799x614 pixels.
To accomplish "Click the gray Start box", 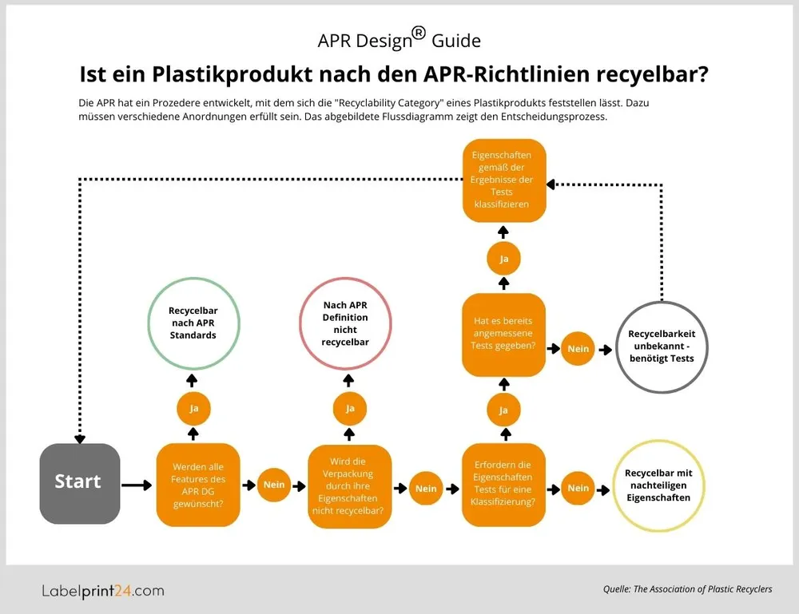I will [79, 481].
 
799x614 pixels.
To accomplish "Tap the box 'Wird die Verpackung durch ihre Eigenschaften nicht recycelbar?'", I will [349, 485].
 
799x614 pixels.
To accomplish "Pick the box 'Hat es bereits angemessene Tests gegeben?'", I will [503, 335].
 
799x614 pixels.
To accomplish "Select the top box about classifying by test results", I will [503, 180].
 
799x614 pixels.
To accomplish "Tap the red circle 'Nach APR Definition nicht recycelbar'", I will [345, 324].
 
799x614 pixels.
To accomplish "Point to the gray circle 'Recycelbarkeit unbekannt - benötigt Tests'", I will [661, 347].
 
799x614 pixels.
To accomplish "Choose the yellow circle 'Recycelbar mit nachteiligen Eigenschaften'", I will [658, 485].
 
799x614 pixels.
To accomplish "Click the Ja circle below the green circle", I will [193, 408].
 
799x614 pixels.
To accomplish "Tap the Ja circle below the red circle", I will [349, 408].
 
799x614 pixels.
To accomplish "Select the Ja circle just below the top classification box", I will [504, 259].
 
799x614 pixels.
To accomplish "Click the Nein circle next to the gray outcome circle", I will [578, 349].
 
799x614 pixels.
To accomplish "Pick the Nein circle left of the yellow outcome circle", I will [578, 488].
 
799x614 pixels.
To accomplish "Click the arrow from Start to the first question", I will [137, 485].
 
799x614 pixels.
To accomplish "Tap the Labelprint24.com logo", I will [102, 591].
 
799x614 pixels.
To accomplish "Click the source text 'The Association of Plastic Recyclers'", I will [702, 589].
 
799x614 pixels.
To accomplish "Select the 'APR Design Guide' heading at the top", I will [399, 39].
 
